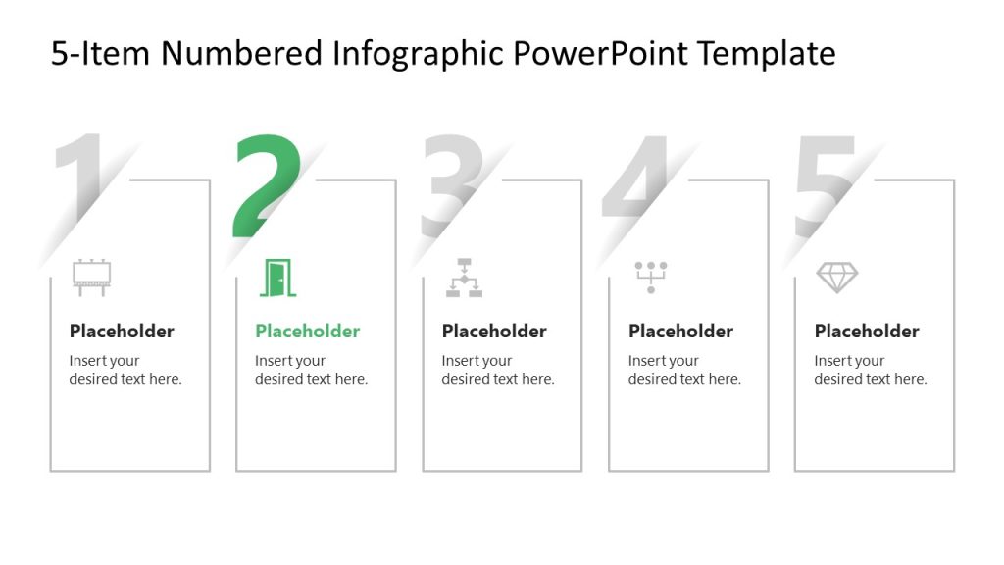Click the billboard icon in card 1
[91, 278]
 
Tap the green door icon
[277, 278]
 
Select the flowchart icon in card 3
[464, 278]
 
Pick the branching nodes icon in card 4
[650, 277]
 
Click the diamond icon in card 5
[836, 278]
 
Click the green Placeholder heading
[308, 332]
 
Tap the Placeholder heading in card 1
[122, 332]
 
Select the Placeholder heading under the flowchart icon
[494, 332]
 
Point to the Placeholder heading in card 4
[680, 332]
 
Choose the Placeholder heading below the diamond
[867, 332]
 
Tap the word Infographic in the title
[397, 54]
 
